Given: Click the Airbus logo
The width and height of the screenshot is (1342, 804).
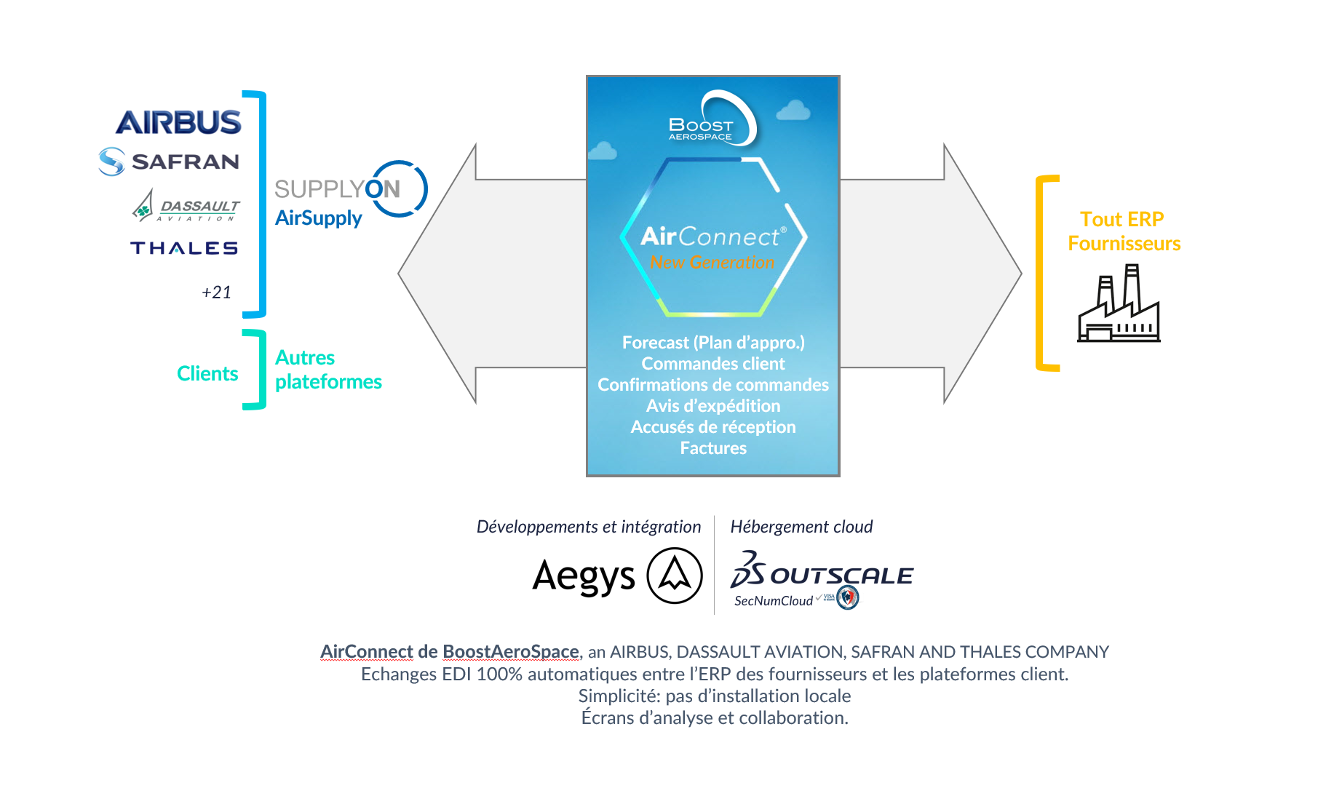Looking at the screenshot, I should (x=178, y=122).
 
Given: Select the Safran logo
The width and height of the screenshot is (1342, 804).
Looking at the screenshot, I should (x=170, y=162).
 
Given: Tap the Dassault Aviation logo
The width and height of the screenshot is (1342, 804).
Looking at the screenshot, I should (x=186, y=207).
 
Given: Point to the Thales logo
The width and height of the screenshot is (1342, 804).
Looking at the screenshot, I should (x=184, y=248).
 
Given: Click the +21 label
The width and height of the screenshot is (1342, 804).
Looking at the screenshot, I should (x=216, y=292).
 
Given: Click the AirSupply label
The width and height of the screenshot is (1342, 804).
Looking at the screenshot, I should (x=318, y=218).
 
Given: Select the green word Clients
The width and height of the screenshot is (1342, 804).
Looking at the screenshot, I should (x=207, y=374).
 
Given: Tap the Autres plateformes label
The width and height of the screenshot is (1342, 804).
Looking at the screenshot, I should (x=327, y=370).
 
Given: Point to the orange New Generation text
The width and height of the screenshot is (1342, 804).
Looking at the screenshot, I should (x=712, y=263).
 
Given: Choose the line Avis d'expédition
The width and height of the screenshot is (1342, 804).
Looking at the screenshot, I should (x=713, y=406).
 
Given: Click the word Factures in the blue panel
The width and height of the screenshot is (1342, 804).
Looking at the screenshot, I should (x=713, y=448).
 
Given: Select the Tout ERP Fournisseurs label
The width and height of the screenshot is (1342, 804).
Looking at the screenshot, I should (x=1124, y=231).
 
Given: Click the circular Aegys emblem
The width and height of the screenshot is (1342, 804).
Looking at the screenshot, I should (x=675, y=576).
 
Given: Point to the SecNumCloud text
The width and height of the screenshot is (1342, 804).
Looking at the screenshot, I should (x=773, y=601).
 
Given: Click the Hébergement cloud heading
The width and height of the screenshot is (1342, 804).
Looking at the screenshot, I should (x=801, y=527).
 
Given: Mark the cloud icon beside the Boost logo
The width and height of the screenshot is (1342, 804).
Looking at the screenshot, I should (x=793, y=111).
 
